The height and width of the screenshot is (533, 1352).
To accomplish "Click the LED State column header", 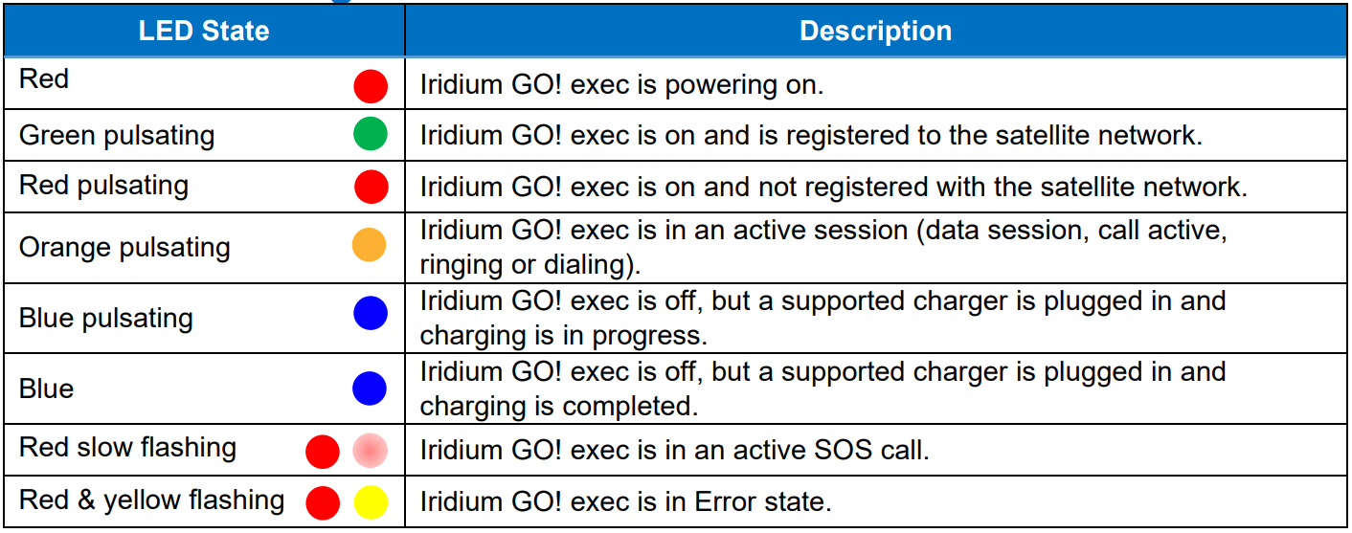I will point(204,32).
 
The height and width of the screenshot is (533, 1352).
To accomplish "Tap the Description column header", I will point(875,32).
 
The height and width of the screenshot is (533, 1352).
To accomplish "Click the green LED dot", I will point(371,134).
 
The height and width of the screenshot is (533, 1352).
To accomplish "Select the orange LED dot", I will point(370,245).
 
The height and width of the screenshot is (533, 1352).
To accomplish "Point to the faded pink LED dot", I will point(371,450).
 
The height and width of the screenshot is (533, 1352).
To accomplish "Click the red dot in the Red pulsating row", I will point(371,186).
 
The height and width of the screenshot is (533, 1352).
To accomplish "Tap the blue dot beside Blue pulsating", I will point(370,314).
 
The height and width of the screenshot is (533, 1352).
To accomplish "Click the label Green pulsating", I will point(117,135).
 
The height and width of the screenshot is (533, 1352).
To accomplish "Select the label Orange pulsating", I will point(124,247).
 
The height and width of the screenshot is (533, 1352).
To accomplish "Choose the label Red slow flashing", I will point(127,447).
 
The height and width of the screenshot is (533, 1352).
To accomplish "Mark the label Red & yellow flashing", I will point(151,500).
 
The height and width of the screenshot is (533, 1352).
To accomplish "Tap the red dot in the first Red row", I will point(371,86).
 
